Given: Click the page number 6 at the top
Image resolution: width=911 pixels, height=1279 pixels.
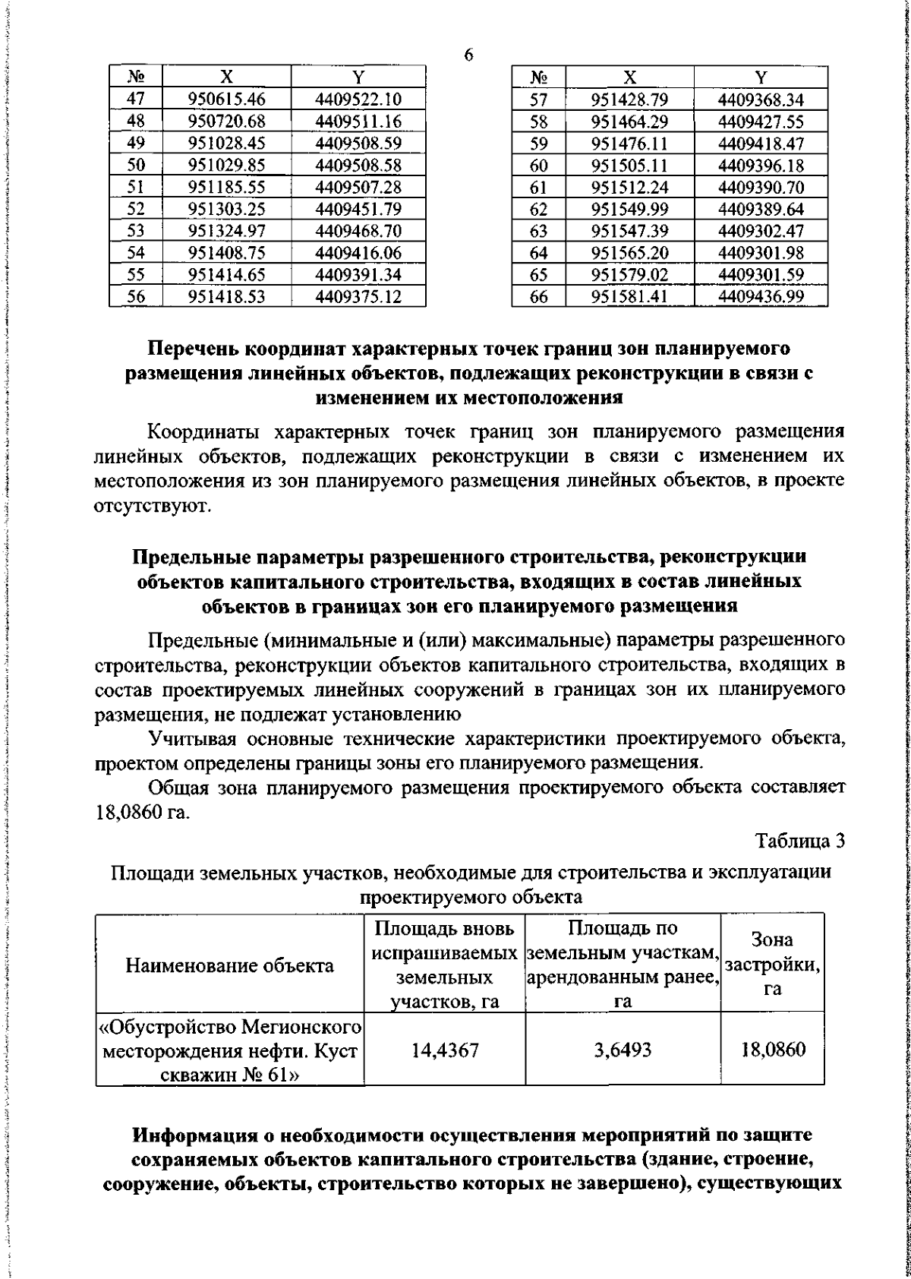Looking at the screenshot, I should pos(468,55).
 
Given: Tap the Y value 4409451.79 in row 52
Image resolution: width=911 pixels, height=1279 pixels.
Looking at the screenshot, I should pos(358,209).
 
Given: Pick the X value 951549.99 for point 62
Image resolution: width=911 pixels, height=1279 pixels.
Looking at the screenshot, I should pos(629,209).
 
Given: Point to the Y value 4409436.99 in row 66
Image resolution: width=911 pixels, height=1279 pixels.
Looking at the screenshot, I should pos(761,297).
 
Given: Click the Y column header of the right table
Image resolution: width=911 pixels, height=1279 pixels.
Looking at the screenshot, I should pos(761,77).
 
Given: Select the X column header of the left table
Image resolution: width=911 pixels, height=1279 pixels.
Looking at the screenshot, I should pos(226,77).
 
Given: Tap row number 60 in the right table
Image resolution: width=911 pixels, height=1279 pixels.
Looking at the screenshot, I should pos(539,165).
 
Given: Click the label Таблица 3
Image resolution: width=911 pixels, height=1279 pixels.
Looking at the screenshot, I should pos(799,841).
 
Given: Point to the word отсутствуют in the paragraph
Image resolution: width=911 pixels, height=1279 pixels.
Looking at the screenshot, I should pos(161,506).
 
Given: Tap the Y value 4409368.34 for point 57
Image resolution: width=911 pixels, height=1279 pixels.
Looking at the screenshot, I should pos(761,99).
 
